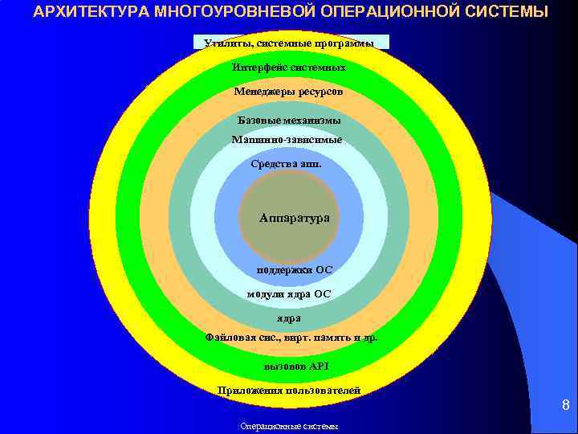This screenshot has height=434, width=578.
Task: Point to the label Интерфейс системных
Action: coord(289,68)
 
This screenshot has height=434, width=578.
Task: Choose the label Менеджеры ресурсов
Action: coord(288,92)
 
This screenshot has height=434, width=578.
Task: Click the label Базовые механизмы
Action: coord(289,121)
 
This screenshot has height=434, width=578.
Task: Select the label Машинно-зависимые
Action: coord(287,140)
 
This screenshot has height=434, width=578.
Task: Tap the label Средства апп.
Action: coord(286,164)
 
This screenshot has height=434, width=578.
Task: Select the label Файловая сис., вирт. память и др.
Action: coord(291,338)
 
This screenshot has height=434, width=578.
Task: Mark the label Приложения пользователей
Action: coord(289,391)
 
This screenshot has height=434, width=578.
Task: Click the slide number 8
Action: coord(565,406)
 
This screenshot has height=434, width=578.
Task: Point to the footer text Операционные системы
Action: coord(289,427)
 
